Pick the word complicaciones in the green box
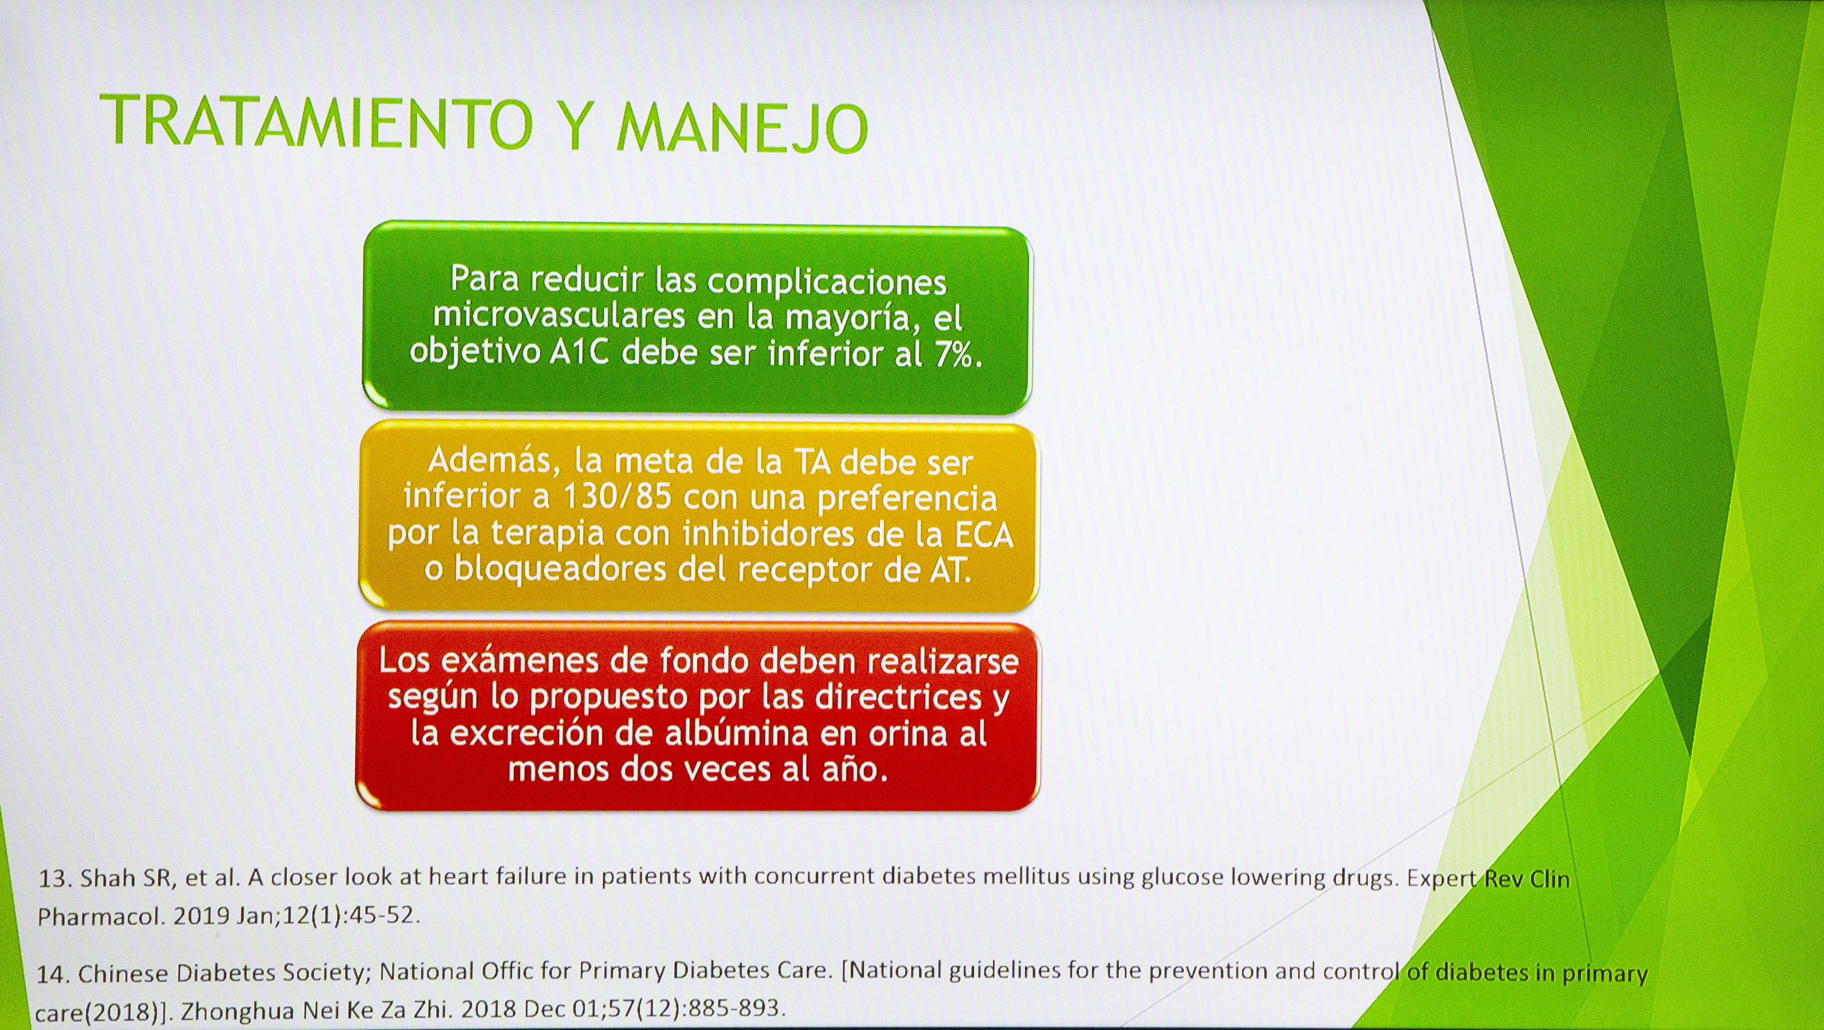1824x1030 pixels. pos(827,282)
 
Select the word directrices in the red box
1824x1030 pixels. pos(899,697)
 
